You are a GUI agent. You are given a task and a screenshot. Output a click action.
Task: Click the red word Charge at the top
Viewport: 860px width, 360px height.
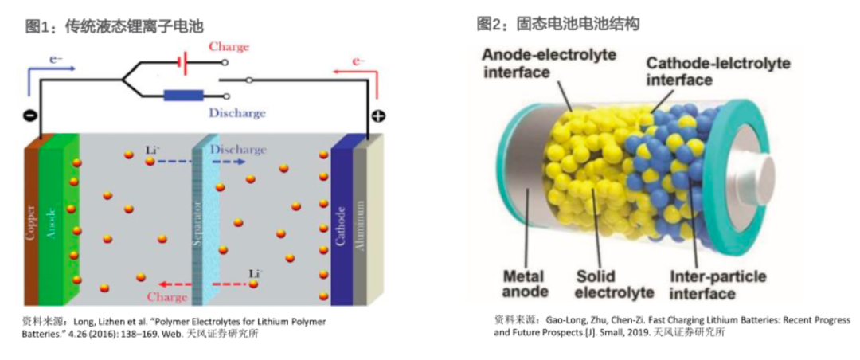pos(229,47)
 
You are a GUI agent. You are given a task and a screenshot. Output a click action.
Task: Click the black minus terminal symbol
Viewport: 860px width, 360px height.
pos(29,116)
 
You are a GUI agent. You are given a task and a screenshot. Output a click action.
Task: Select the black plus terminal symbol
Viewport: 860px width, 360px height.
pos(378,116)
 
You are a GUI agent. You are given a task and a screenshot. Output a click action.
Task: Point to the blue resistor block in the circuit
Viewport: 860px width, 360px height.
pos(184,96)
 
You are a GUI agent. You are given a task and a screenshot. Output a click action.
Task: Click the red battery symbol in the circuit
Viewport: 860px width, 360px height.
pos(184,63)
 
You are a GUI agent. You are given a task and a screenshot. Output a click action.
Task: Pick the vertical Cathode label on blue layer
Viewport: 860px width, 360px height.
pos(340,226)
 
